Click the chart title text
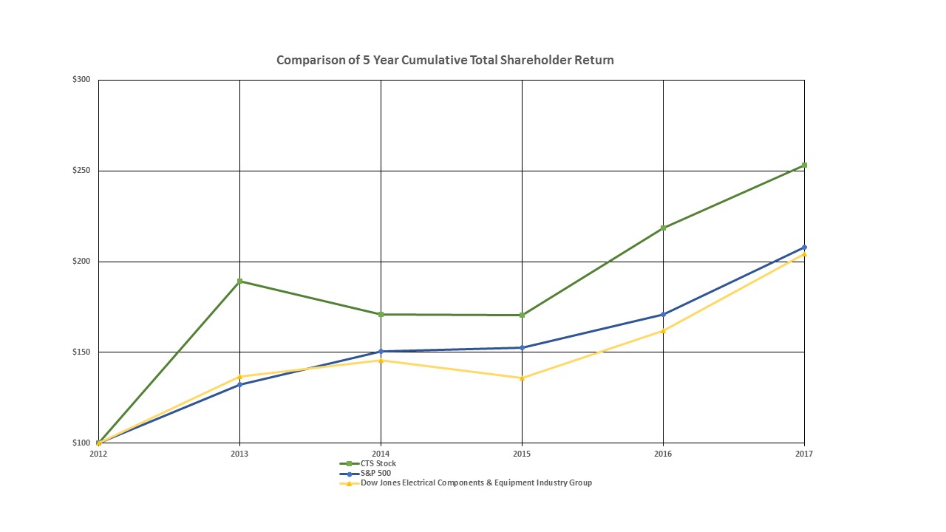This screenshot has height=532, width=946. [x=445, y=60]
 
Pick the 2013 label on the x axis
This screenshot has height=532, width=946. [x=239, y=454]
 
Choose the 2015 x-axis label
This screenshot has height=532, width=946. [x=522, y=454]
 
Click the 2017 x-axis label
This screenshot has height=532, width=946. [x=804, y=454]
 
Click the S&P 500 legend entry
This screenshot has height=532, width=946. [x=375, y=474]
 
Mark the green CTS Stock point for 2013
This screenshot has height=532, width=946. [x=240, y=281]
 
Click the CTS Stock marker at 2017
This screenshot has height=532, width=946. [x=804, y=165]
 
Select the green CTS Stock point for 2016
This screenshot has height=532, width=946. [x=663, y=228]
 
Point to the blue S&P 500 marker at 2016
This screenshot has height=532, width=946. [x=663, y=315]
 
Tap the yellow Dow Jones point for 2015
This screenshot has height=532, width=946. [x=522, y=378]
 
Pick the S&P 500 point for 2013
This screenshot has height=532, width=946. [x=240, y=384]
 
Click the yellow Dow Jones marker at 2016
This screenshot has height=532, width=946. [x=663, y=330]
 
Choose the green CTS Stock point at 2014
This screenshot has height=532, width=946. [x=381, y=314]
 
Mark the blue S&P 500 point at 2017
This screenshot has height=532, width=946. [x=804, y=247]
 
